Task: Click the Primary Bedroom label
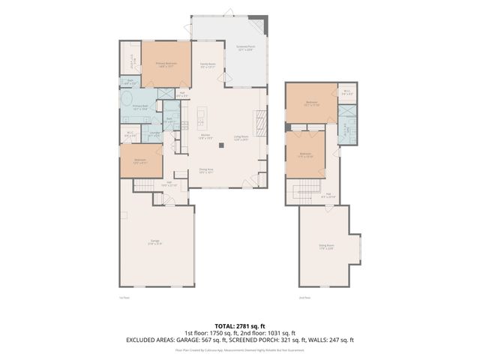[x=165, y=64]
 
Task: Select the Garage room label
[x=154, y=242]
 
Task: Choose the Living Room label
[x=241, y=138]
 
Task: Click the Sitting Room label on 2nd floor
[x=326, y=245]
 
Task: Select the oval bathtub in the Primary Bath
[x=127, y=99]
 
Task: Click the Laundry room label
[x=154, y=135]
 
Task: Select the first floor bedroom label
[x=140, y=161]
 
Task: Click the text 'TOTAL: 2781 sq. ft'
[x=239, y=325]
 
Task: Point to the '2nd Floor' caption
[x=303, y=298]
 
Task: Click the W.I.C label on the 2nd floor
[x=346, y=92]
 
